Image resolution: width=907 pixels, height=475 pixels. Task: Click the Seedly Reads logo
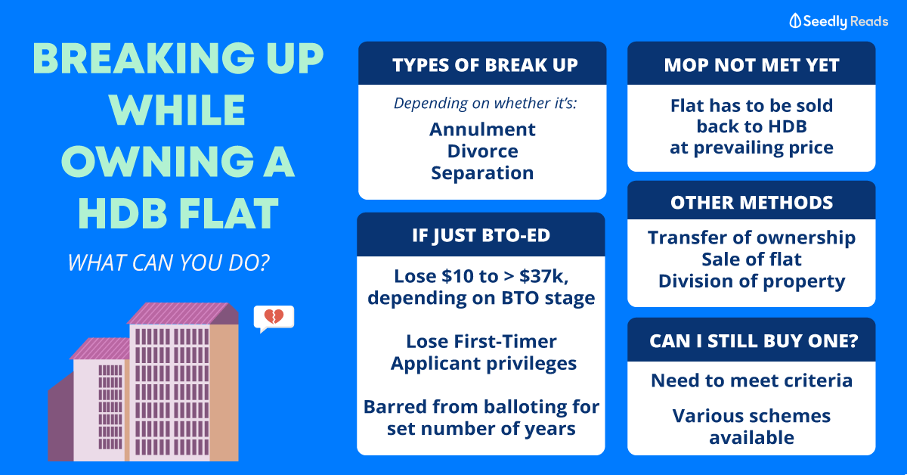coord(838,21)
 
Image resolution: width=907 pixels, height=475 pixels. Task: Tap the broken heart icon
coord(274,316)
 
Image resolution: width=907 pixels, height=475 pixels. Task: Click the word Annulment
coord(482,129)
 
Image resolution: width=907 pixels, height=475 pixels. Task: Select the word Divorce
coord(482,151)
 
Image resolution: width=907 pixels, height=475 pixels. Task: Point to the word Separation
coord(482,173)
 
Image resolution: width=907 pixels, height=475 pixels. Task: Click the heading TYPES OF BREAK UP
coord(485,65)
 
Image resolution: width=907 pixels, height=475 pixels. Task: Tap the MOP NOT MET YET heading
coord(751,65)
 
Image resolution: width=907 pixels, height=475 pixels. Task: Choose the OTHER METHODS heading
coord(751,203)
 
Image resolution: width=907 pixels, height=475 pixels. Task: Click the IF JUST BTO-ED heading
coord(481,236)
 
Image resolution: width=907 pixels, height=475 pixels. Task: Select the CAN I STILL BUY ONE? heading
coord(754,341)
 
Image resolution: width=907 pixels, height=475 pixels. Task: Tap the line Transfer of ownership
coord(751,238)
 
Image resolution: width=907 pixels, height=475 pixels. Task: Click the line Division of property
coord(751,281)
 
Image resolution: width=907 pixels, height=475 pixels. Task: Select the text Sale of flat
coord(751,259)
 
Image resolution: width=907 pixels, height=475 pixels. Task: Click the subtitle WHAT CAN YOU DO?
coord(169,262)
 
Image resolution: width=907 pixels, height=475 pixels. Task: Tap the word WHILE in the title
coord(177,110)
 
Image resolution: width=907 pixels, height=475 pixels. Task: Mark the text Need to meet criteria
coord(751,380)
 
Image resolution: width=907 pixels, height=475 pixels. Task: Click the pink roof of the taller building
coord(182,313)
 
